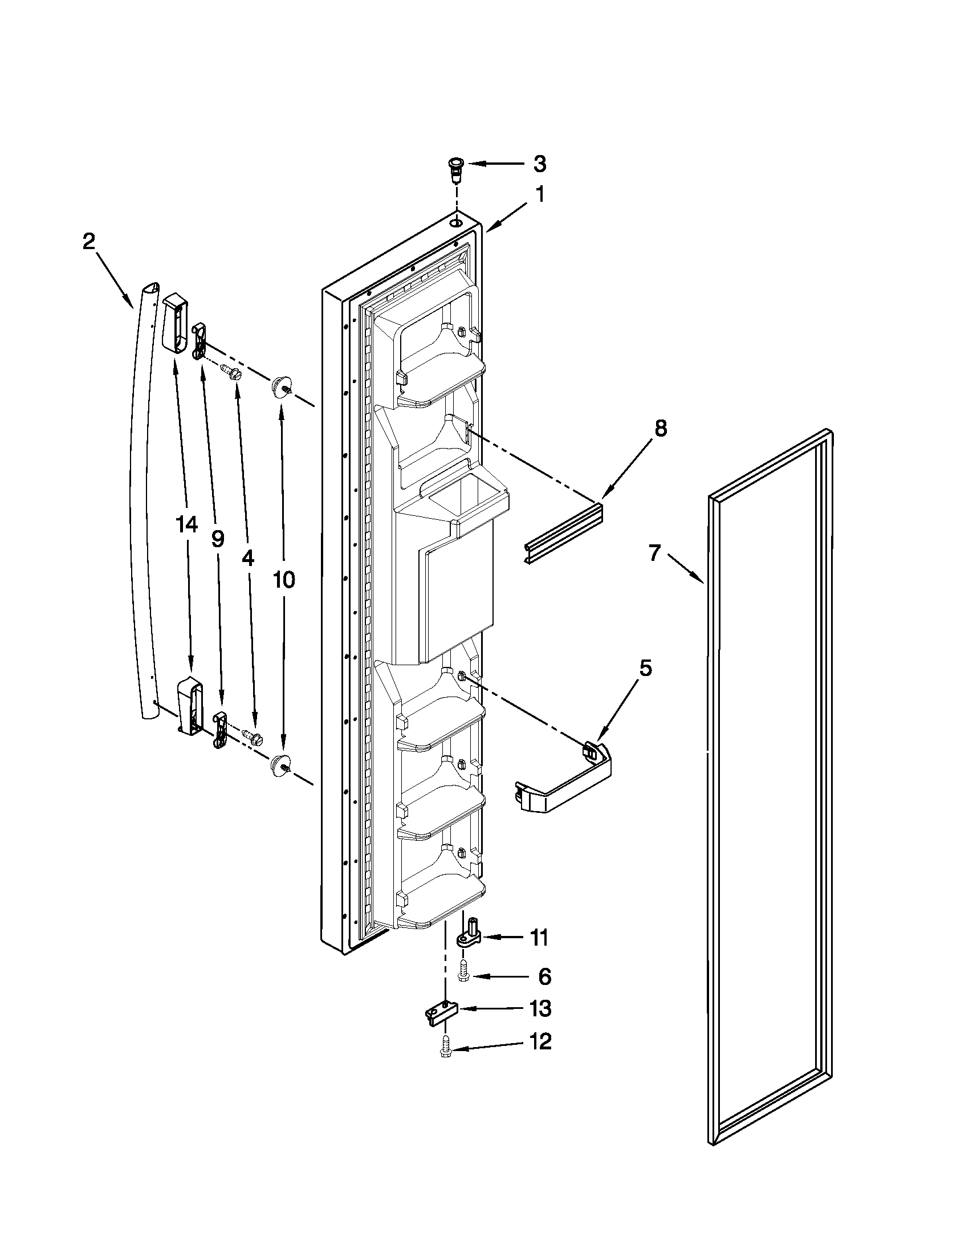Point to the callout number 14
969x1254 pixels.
click(186, 524)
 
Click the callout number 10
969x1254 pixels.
click(283, 579)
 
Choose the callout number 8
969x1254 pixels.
click(661, 427)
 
